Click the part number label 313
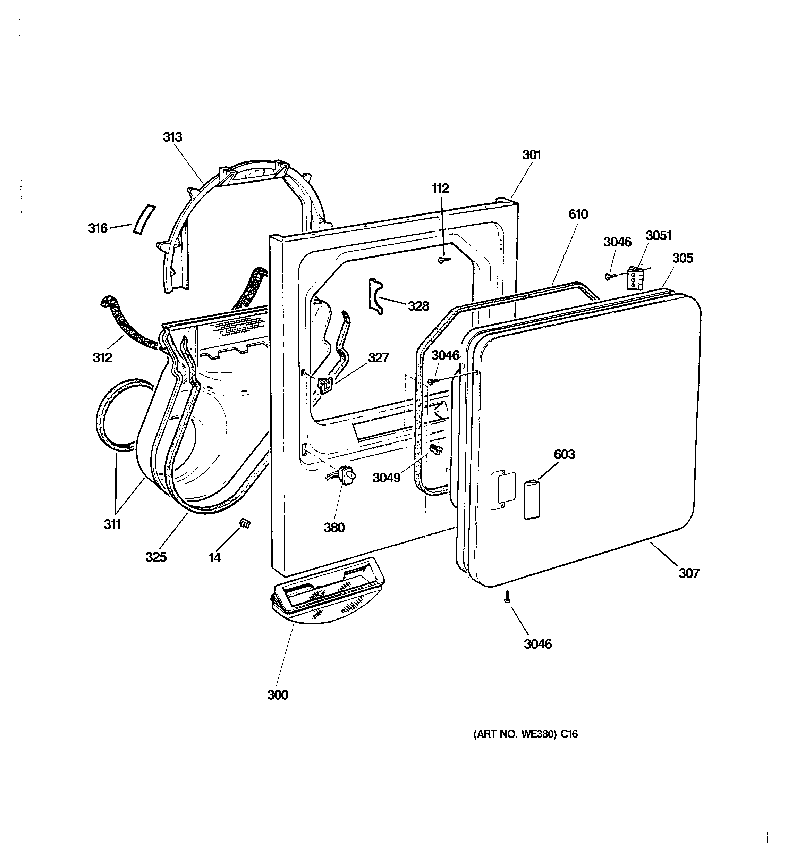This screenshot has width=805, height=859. pyautogui.click(x=172, y=137)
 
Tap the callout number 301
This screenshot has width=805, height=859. pyautogui.click(x=532, y=155)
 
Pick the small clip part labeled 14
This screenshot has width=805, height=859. pyautogui.click(x=245, y=524)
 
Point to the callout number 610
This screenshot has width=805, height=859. pyautogui.click(x=578, y=214)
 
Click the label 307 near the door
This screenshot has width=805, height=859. pyautogui.click(x=688, y=573)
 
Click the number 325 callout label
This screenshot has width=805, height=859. pyautogui.click(x=156, y=557)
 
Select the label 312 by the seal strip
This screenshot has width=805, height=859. pyautogui.click(x=102, y=357)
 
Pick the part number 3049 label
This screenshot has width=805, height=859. pyautogui.click(x=386, y=478)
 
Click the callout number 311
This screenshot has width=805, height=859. pyautogui.click(x=112, y=524)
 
